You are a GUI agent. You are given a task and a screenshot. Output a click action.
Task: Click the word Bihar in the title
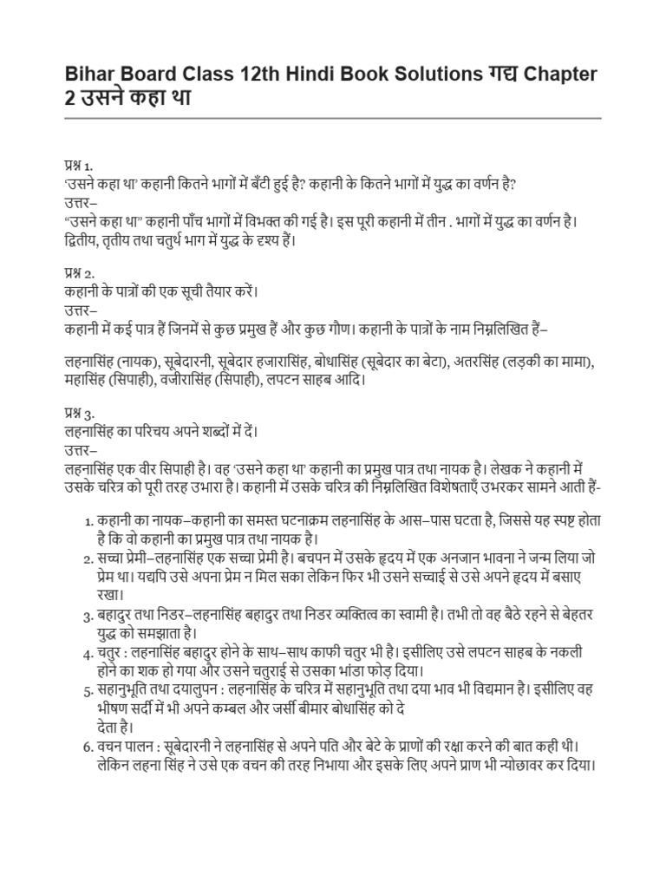pos(90,75)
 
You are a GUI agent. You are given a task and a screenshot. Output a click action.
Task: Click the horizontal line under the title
pos(333,119)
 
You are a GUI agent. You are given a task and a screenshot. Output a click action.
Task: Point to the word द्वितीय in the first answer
pos(87,240)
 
